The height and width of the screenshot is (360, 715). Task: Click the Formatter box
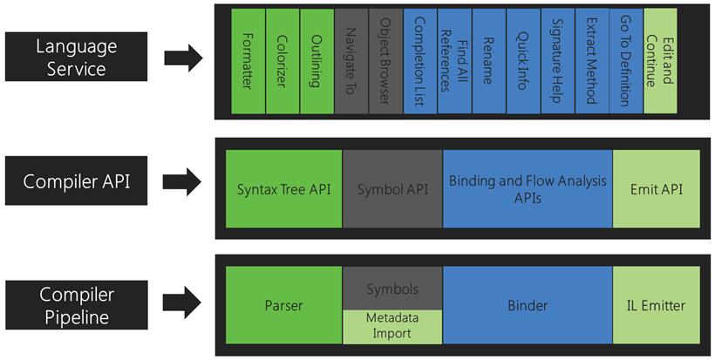248,61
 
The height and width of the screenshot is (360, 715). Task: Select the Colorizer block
283,61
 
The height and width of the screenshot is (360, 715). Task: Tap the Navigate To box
351,61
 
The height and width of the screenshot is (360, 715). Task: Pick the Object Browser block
385,61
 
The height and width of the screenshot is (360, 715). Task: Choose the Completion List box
420,61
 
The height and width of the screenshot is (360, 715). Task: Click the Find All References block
454,61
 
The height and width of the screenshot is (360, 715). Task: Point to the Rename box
489,61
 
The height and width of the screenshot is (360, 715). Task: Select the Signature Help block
558,61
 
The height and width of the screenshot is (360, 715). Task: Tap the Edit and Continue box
660,61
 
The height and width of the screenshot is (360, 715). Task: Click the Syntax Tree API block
283,188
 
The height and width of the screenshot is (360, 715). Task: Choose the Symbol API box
392,188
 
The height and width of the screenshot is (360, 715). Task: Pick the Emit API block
657,188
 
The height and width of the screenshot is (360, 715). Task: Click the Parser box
283,305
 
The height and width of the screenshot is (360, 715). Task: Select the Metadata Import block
392,327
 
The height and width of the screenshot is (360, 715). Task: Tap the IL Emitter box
657,305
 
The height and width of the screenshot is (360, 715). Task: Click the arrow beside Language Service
183,58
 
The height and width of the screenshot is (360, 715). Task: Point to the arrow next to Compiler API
182,182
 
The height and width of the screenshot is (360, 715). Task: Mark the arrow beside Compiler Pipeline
182,302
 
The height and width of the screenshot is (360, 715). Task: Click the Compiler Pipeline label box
77,305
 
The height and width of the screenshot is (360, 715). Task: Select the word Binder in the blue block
528,305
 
